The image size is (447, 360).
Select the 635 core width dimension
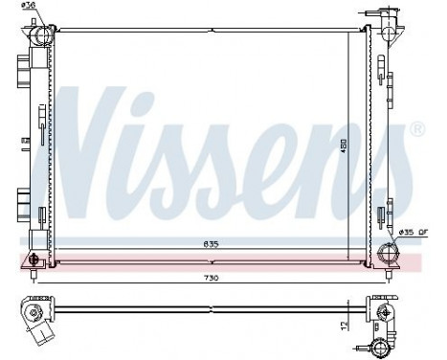pyautogui.click(x=211, y=245)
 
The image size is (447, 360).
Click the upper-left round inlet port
pyautogui.click(x=41, y=36)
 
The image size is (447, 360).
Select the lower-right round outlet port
pyautogui.click(x=389, y=253)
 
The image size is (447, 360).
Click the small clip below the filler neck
pyautogui.click(x=383, y=69)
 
